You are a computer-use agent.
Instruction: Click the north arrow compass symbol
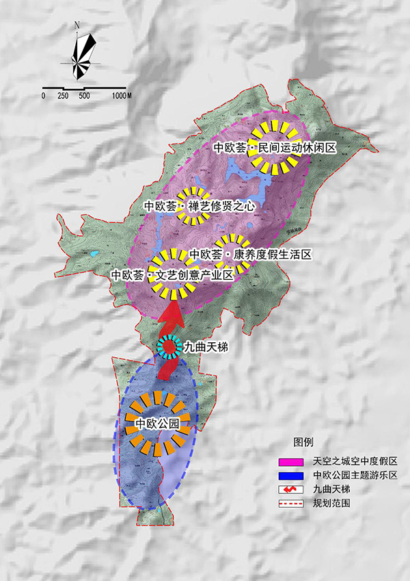pyautogui.click(x=82, y=54)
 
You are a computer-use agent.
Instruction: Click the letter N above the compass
pyautogui.click(x=78, y=25)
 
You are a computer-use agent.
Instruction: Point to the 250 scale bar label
pyautogui.click(x=63, y=96)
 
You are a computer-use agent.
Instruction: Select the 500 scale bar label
pyautogui.click(x=84, y=96)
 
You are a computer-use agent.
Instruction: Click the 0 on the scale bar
pyautogui.click(x=43, y=96)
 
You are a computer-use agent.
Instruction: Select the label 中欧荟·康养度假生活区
pyautogui.click(x=250, y=254)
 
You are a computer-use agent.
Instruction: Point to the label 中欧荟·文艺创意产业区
pyautogui.click(x=172, y=274)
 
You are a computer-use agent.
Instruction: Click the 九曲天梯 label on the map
pyautogui.click(x=206, y=348)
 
